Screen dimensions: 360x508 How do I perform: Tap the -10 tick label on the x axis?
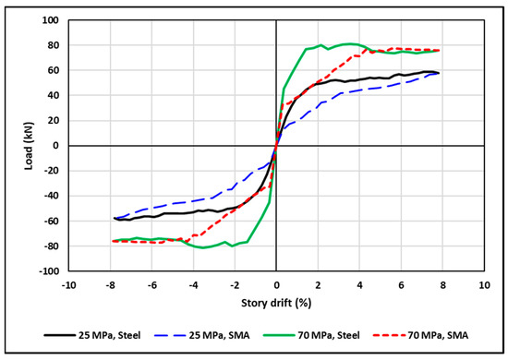(67, 283)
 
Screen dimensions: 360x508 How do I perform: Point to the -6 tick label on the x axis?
(151, 283)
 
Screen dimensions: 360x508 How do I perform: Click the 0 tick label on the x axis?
(276, 283)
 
